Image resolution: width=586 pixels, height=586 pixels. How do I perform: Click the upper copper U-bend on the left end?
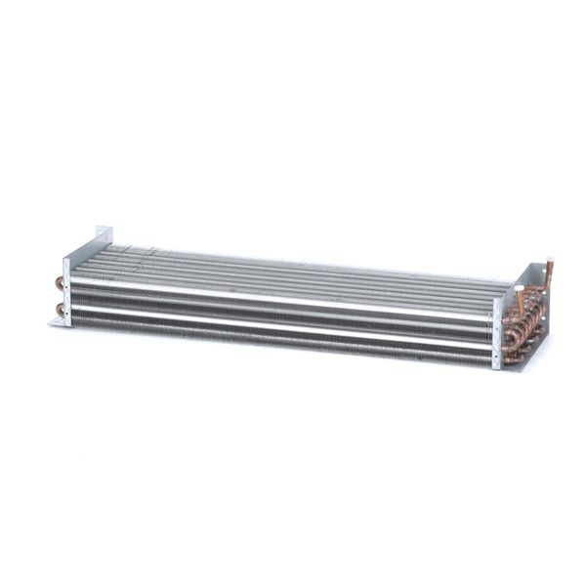(x=60, y=284)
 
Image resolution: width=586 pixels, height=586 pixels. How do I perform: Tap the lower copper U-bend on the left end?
(x=61, y=311)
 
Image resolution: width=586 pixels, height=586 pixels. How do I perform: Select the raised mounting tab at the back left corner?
(x=104, y=236)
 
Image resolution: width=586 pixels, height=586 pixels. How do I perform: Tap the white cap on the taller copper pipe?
(x=550, y=263)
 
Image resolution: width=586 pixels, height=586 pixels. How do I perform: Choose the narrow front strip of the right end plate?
(x=497, y=332)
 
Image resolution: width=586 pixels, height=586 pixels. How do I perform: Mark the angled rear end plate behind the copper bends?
(x=540, y=313)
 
